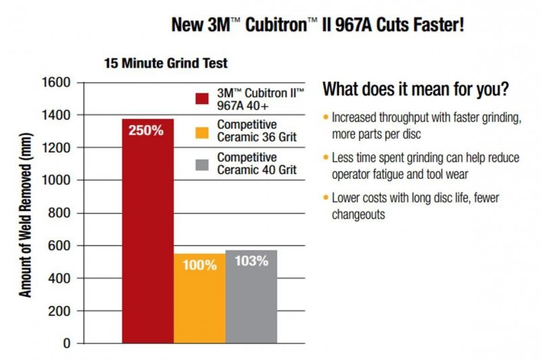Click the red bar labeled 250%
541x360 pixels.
click(x=148, y=230)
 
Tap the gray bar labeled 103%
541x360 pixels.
click(x=251, y=298)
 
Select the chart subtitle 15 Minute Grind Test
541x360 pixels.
click(x=166, y=64)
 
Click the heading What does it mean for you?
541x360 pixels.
click(x=416, y=89)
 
